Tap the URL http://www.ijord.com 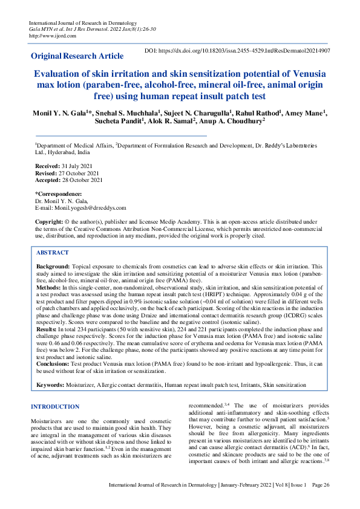tap(50, 35)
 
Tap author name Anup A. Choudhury tap(238, 122)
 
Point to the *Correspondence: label tap(59, 194)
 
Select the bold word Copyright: tap(51, 222)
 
